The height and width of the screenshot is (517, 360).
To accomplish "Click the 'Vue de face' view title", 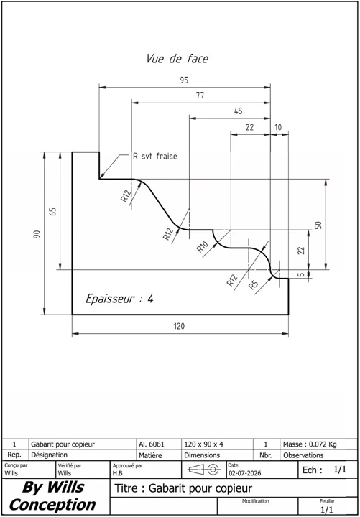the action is [x=177, y=59].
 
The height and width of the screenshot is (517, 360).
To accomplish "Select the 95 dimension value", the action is [x=184, y=80].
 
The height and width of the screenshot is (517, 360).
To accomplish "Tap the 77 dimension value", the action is [x=200, y=96].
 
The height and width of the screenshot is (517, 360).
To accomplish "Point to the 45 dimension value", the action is [x=239, y=111].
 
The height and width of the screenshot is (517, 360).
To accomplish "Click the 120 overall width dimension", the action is [x=179, y=327].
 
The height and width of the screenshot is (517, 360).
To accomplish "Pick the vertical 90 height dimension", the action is [x=37, y=234].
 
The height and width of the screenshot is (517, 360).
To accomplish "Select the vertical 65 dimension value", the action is [x=53, y=211].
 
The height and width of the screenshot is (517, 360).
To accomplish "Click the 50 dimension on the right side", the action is [x=318, y=225].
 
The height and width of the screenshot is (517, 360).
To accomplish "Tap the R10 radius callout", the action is [x=203, y=246].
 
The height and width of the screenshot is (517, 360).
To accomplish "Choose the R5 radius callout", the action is [x=254, y=284].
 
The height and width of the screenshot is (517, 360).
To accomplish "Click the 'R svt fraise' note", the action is [x=154, y=157].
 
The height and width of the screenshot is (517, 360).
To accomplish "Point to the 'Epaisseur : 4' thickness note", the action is [x=119, y=299].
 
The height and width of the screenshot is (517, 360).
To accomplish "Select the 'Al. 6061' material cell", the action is [x=152, y=444].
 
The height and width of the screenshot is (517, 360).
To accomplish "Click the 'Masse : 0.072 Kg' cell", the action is [x=310, y=444].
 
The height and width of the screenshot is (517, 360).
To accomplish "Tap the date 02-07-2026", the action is [x=244, y=473].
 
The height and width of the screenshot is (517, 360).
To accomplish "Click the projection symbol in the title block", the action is [x=204, y=470].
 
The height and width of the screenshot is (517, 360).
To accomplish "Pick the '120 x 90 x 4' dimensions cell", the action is [x=203, y=444].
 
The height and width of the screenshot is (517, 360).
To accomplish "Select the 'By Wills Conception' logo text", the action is [x=52, y=496].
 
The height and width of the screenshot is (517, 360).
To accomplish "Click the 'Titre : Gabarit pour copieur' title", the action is [x=183, y=488].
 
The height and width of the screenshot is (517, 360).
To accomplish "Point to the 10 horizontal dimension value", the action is [x=279, y=127].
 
